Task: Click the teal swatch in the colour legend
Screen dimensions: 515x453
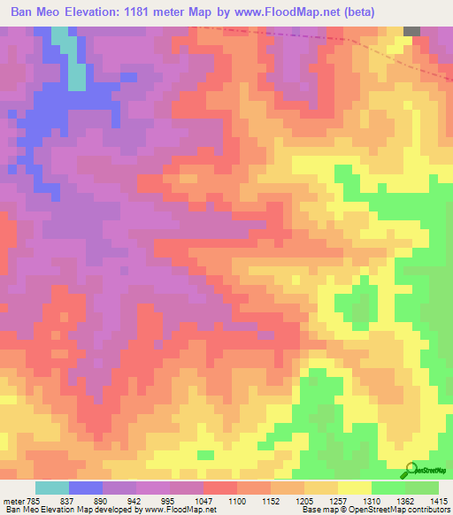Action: tap(52, 488)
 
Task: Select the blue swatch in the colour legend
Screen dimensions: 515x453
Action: tap(86, 488)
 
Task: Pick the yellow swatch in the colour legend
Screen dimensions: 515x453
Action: tap(355, 488)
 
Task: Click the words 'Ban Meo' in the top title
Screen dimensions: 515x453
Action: tap(37, 12)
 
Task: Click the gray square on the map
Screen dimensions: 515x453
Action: tap(411, 30)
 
